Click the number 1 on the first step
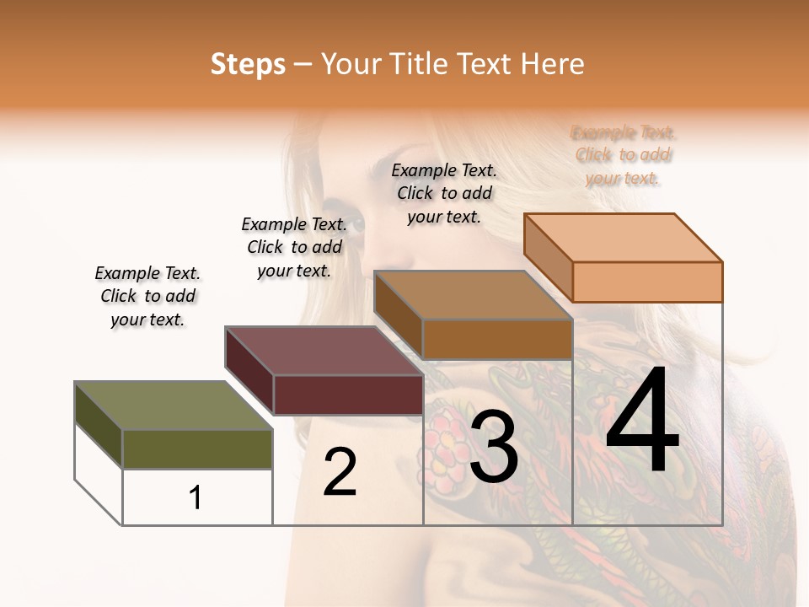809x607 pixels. click(x=196, y=498)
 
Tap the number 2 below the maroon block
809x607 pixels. click(x=340, y=472)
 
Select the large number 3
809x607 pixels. click(x=493, y=448)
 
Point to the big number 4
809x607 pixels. click(x=642, y=421)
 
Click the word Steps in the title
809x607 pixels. click(x=248, y=64)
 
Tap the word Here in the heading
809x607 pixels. click(x=553, y=64)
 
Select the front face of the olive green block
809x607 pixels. click(x=197, y=449)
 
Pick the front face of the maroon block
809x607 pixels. click(x=348, y=395)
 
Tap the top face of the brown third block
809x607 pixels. click(x=474, y=295)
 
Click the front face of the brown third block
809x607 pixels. click(x=497, y=339)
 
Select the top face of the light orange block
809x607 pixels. click(x=624, y=238)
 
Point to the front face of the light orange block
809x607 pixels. click(x=647, y=282)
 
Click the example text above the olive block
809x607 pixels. click(x=147, y=296)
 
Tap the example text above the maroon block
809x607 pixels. click(x=294, y=247)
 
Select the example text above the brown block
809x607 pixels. click(x=444, y=193)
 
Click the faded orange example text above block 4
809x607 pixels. click(x=624, y=155)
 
